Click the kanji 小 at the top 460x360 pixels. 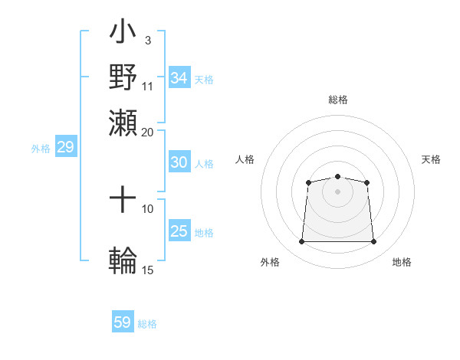[123, 33]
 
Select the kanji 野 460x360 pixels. [123, 77]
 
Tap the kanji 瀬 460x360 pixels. [123, 123]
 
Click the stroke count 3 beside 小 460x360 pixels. [147, 40]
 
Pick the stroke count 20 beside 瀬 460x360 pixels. [147, 132]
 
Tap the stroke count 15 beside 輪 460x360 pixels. [147, 270]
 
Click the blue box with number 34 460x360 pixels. [179, 78]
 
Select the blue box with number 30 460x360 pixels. [179, 162]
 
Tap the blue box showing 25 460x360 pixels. [179, 231]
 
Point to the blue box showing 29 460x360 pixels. [65, 147]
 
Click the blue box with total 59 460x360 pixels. [123, 322]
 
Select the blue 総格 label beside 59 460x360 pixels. [147, 324]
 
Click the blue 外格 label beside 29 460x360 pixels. [41, 149]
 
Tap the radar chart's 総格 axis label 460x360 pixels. [337, 100]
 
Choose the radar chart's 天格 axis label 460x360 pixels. [431, 159]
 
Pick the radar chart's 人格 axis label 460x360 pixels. [245, 159]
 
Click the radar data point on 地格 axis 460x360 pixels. [374, 242]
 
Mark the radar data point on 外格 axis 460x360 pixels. [301, 242]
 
